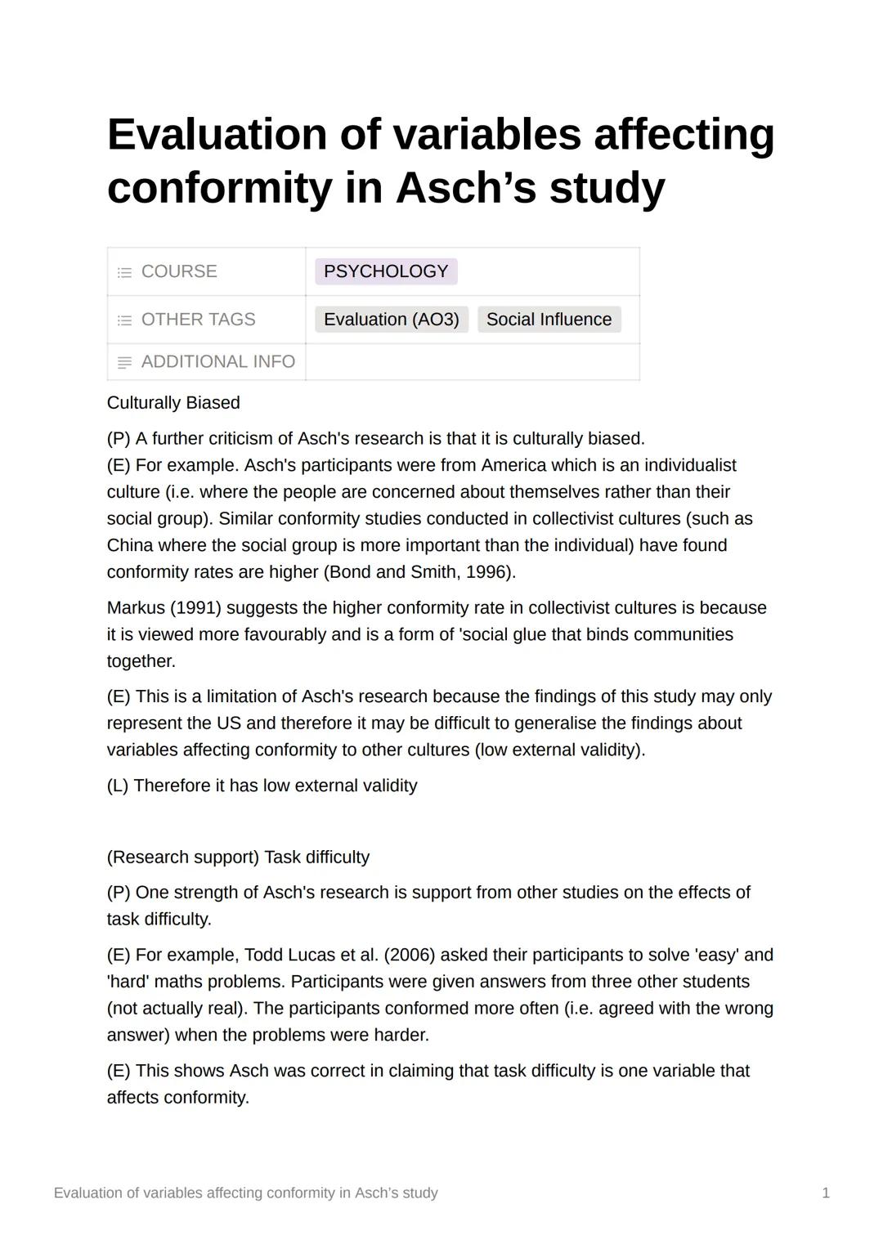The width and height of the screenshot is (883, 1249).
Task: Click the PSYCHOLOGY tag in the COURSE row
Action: coord(385,271)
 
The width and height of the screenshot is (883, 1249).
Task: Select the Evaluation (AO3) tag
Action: coord(391,320)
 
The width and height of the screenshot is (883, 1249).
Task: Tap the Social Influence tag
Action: coord(549,320)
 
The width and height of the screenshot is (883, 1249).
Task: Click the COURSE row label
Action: coord(179,271)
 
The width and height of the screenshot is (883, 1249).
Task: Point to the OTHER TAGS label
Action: coord(198,320)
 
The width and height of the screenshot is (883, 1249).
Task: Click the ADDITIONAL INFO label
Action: coord(217,361)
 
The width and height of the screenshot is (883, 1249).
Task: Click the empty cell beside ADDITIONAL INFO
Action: coord(473,361)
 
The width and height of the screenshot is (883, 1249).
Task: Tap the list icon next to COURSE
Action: coord(124,272)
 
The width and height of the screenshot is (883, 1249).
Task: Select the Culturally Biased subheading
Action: coord(173,403)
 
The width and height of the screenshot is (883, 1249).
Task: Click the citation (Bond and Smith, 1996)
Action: coord(419,572)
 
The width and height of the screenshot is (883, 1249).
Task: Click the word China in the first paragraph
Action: coord(130,545)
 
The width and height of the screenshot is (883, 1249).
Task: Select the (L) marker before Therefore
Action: coord(118,786)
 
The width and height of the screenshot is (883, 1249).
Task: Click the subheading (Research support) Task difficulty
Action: coord(238,857)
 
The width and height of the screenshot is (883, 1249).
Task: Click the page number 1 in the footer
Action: coord(826,1193)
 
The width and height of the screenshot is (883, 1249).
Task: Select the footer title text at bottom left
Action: coord(245,1193)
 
